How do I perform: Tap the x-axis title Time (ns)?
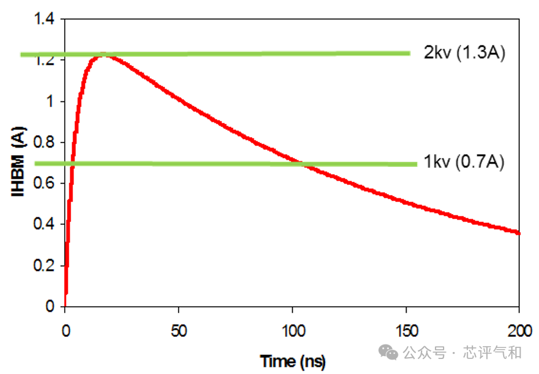293,362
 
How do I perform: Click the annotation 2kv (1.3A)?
464,53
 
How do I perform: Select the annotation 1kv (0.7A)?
464,163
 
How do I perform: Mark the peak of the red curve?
103,54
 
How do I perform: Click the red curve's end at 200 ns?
519,233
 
